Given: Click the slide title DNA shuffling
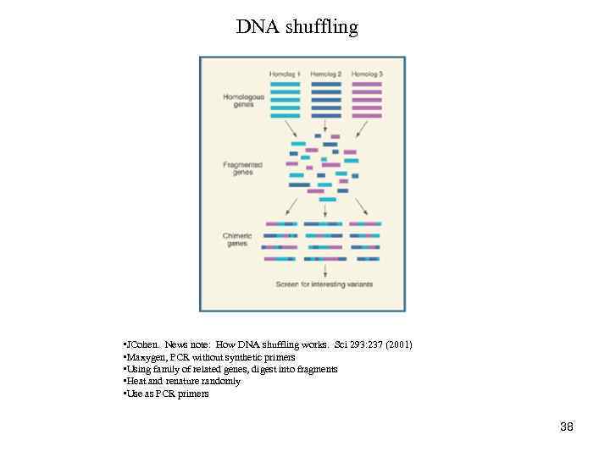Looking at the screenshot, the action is point(297,27).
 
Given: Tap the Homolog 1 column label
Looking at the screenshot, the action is point(285,74).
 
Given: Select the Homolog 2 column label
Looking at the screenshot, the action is point(325,74).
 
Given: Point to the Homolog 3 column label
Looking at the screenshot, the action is point(366,74).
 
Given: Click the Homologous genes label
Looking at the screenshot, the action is point(243,101).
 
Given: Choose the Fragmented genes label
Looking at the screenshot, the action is point(242,168).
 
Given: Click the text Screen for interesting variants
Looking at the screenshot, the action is point(324,284).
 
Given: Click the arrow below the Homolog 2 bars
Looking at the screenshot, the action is point(326,124).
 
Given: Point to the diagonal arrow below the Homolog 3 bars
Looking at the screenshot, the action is point(363,129).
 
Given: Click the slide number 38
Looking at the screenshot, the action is point(567,427).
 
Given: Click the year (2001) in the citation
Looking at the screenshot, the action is point(397,344).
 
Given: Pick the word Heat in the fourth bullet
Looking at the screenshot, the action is point(134,381).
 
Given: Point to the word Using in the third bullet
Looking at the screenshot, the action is point(136,369).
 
